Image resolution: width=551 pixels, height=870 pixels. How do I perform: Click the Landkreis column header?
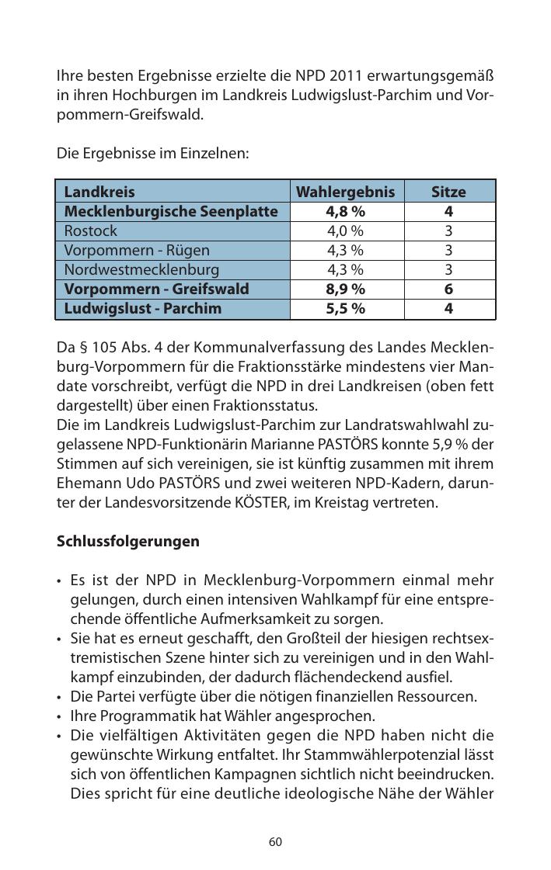[x=99, y=192]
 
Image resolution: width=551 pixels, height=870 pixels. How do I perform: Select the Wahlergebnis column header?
[x=346, y=192]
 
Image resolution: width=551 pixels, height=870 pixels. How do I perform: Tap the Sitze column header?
[x=448, y=192]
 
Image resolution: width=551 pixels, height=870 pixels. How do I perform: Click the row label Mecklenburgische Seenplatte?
[x=171, y=211]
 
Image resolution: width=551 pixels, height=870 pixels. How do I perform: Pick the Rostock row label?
[x=91, y=230]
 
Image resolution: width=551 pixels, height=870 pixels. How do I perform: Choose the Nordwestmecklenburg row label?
[x=141, y=269]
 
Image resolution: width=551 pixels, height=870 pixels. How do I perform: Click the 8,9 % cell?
[x=346, y=289]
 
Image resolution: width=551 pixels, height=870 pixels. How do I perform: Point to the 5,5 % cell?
[x=346, y=308]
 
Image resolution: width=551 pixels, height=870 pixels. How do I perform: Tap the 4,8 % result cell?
[x=346, y=211]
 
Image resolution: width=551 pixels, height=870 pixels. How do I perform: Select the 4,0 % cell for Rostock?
[x=346, y=230]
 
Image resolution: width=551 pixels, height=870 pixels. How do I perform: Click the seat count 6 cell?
[x=448, y=289]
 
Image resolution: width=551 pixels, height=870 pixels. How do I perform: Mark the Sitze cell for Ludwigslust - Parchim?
[x=448, y=308]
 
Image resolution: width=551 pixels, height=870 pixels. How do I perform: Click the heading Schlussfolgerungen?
[x=128, y=541]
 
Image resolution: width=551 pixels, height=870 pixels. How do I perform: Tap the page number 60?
[x=275, y=842]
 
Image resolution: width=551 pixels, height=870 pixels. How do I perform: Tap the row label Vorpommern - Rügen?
[x=137, y=250]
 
